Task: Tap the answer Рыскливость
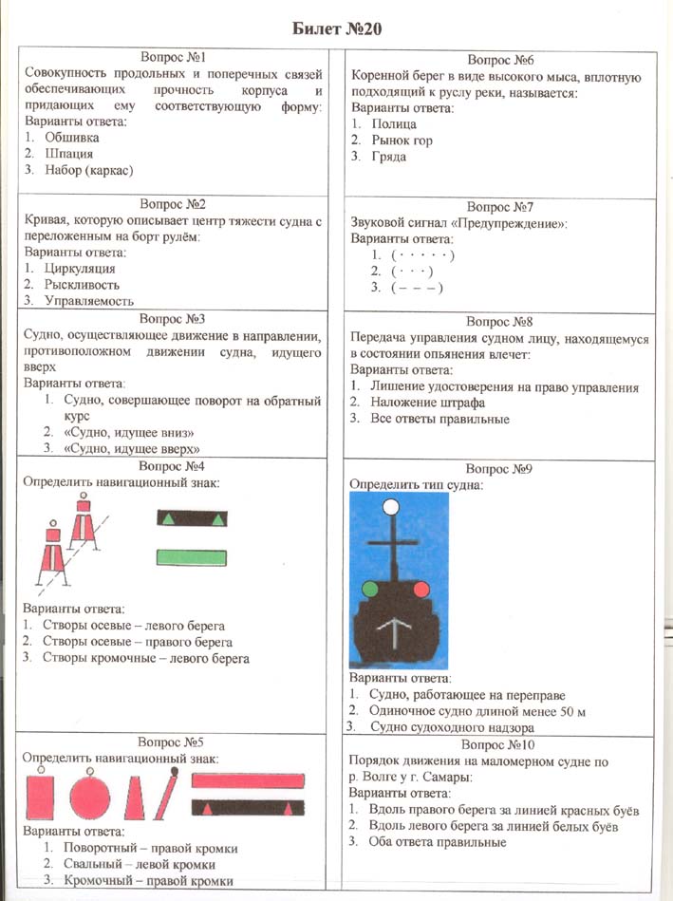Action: [x=85, y=284]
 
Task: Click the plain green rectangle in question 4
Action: [x=191, y=557]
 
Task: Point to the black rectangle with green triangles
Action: [x=191, y=518]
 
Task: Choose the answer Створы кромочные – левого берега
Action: [x=145, y=658]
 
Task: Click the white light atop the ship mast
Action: [x=389, y=507]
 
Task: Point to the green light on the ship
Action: [x=369, y=590]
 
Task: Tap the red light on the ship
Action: [x=421, y=590]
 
